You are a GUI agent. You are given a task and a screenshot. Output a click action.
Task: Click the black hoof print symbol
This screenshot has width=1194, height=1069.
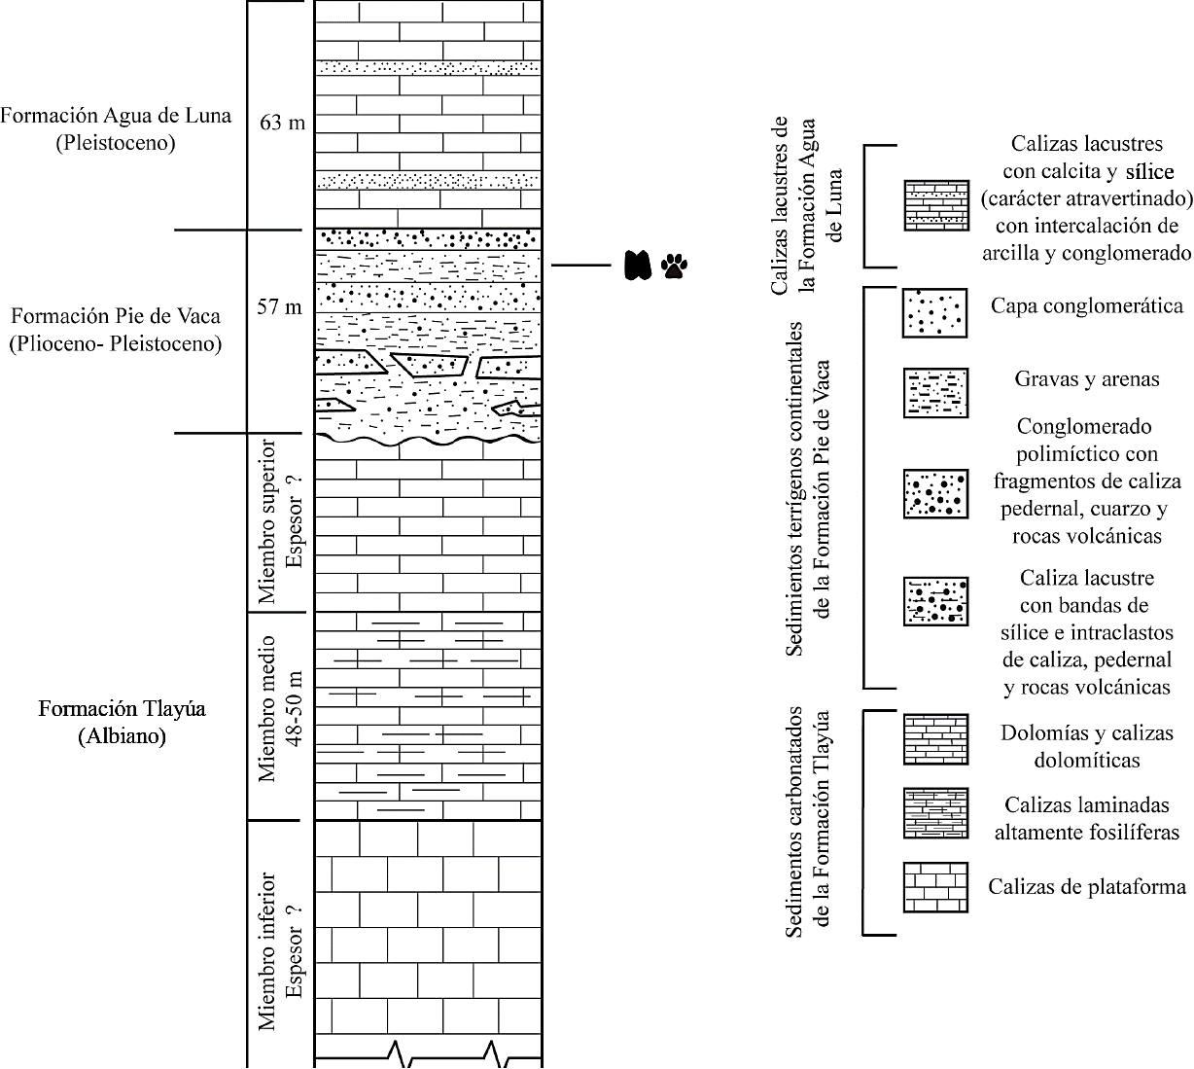tap(637, 265)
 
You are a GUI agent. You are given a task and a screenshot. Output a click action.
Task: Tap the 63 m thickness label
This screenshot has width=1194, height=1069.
tap(282, 124)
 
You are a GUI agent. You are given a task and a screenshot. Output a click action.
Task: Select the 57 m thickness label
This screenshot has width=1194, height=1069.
tap(280, 307)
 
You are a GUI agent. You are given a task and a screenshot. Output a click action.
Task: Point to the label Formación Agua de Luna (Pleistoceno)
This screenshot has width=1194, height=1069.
tap(116, 129)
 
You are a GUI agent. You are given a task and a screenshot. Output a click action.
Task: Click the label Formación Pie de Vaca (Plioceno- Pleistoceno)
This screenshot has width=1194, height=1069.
tap(115, 330)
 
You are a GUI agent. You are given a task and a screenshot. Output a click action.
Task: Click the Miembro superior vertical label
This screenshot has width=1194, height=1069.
tap(278, 521)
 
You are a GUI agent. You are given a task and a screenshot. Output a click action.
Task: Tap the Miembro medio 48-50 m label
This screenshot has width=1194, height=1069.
tap(278, 708)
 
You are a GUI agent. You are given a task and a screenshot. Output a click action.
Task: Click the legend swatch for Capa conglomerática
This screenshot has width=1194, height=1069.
tap(935, 312)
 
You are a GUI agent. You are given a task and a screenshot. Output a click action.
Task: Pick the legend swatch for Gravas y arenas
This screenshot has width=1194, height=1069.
tap(935, 392)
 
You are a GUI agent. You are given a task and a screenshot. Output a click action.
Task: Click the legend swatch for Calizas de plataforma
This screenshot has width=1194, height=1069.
tap(935, 887)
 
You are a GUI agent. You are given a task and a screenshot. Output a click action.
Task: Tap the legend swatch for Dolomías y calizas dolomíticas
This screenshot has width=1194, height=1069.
tap(935, 739)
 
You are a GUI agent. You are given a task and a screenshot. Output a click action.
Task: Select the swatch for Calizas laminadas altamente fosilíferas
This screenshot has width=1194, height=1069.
tap(935, 813)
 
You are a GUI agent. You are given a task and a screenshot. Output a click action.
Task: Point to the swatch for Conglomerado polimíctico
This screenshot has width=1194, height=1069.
tap(935, 494)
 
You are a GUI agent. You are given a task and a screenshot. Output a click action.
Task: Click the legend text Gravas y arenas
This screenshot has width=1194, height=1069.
tap(1085, 379)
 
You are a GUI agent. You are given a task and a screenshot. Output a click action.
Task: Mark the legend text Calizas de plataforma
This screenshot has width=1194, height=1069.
tap(1087, 887)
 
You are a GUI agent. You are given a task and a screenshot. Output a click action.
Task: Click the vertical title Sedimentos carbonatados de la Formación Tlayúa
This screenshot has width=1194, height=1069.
tap(809, 823)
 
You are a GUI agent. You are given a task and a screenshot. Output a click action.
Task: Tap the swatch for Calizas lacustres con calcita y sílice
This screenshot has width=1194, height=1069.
tap(935, 205)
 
